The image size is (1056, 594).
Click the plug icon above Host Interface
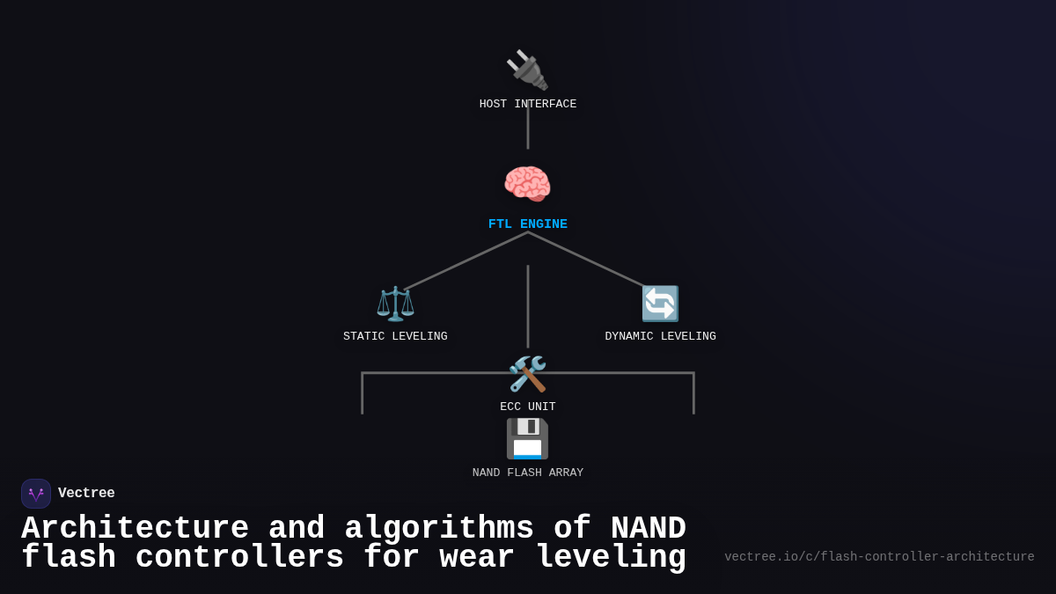pyautogui.click(x=527, y=70)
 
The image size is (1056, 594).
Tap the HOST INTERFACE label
pyautogui.click(x=528, y=104)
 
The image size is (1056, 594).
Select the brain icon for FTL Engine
pyautogui.click(x=527, y=185)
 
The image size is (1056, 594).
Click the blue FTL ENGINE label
pyautogui.click(x=528, y=224)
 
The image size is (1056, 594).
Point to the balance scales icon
pyautogui.click(x=395, y=304)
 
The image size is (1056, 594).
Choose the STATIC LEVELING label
pyautogui.click(x=395, y=336)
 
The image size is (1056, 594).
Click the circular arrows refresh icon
pyautogui.click(x=660, y=304)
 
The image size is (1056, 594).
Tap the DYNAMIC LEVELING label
pyautogui.click(x=660, y=336)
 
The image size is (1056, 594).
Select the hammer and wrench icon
pyautogui.click(x=527, y=374)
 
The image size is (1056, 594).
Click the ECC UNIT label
pyautogui.click(x=528, y=407)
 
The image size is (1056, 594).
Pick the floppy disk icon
pyautogui.click(x=527, y=438)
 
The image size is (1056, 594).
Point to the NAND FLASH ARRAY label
pyautogui.click(x=528, y=473)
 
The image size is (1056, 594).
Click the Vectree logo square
pyautogui.click(x=36, y=494)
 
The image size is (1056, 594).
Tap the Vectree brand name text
pyautogui.click(x=86, y=494)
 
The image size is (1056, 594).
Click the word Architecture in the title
pyautogui.click(x=135, y=529)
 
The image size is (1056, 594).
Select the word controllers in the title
pyautogui.click(x=239, y=558)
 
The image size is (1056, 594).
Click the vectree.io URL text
pyautogui.click(x=879, y=557)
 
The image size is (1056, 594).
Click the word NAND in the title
pyautogui.click(x=648, y=529)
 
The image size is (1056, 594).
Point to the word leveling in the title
pyautogui.click(x=611, y=558)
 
